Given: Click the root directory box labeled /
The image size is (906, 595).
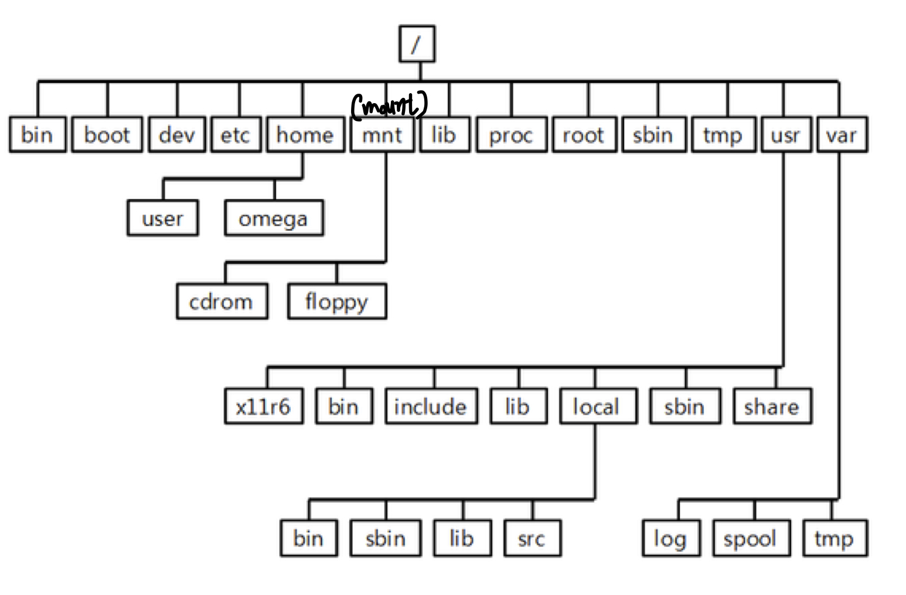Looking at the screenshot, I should pos(417,43).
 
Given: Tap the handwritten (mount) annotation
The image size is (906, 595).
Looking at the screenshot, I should pos(389,105).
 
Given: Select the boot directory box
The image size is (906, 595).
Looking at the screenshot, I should pos(107,135).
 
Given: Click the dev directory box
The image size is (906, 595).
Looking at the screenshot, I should pos(176,135).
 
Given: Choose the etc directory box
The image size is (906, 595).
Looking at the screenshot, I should pos(235,135).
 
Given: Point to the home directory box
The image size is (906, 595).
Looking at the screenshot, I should pos(305,135).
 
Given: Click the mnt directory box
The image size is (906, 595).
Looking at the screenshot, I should pos(382,135).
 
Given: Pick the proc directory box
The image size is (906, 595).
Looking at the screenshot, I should pos(511,135).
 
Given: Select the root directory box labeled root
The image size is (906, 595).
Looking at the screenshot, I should pos(584,135).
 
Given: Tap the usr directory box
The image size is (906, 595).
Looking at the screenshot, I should pos(785,135).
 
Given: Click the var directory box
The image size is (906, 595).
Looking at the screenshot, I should pos(842,135).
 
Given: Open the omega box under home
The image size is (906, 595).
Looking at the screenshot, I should pos(273,218).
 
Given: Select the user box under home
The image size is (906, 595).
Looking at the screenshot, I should pos(162,218).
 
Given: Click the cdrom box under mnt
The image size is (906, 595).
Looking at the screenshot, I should pos(222,302).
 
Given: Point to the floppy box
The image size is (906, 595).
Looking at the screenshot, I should pos(337,302).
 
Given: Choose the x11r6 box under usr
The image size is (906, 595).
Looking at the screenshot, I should pos(263,406).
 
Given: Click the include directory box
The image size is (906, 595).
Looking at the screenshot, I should pos(431,406).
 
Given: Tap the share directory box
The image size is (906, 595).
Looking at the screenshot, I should pos(772,406).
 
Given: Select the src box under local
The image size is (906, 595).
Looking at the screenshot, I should pos(532,538).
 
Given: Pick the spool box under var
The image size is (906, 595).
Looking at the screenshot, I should pos(751,538).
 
